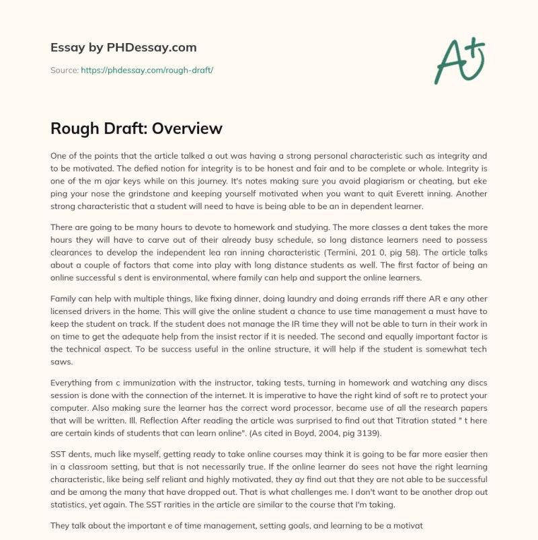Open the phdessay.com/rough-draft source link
[x=147, y=70]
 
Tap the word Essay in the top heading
[x=69, y=48]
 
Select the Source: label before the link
[x=64, y=70]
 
